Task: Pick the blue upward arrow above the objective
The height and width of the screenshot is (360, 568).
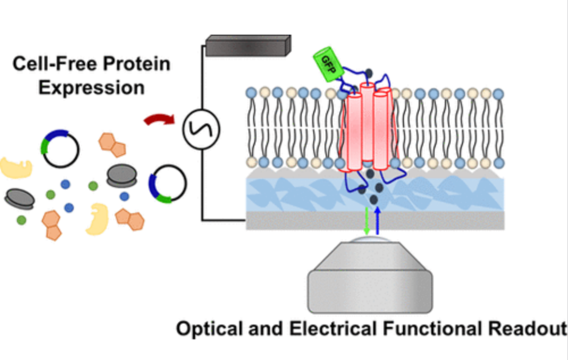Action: pos(378,220)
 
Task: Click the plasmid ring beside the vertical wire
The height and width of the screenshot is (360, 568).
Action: pos(167,182)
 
